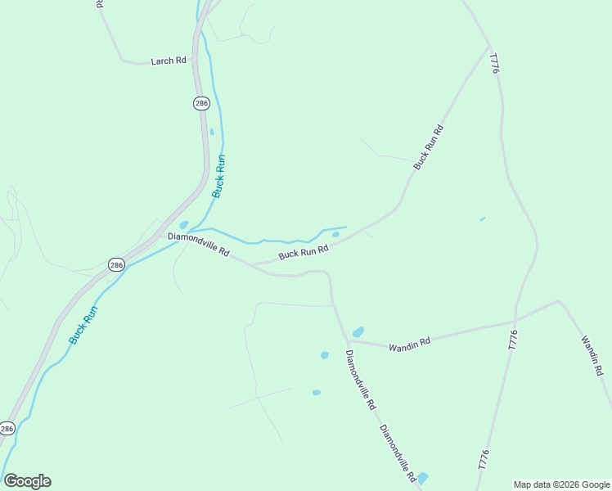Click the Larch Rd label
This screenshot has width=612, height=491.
coord(169,61)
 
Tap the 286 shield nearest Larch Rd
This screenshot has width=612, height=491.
coord(201,103)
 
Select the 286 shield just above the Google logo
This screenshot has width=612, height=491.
coord(7,428)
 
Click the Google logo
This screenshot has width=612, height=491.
coord(27,481)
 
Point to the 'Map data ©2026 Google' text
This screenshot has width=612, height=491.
coord(560,484)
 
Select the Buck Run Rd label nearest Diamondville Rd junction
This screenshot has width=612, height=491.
coord(303,253)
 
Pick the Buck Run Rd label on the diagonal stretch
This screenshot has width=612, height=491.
coord(428,147)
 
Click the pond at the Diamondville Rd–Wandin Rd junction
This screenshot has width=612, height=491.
coord(358,331)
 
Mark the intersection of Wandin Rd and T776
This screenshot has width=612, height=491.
coord(515,322)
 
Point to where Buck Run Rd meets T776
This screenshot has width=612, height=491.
coord(490,47)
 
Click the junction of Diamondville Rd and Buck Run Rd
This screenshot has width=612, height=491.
coord(253,265)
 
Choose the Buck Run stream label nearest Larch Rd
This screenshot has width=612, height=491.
coord(218,175)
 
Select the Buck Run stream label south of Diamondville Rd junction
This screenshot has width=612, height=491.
coord(83,325)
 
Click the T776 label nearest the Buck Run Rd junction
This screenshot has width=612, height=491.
coord(493,64)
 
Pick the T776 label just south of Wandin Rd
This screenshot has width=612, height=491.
coord(513,340)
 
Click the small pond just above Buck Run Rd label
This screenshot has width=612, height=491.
coord(335,235)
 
